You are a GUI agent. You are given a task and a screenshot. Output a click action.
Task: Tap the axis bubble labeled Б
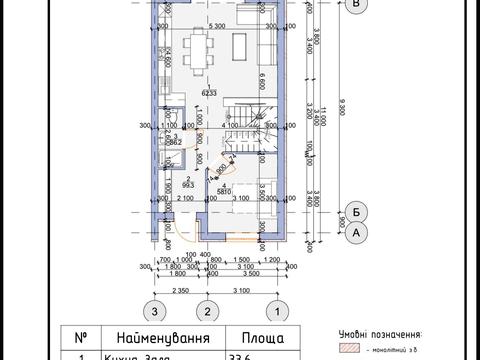pyautogui.click(x=357, y=210)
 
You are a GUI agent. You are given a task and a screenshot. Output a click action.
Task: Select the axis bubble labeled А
pyautogui.click(x=357, y=232)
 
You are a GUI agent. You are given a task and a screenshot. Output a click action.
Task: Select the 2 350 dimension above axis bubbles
pyautogui.click(x=180, y=290)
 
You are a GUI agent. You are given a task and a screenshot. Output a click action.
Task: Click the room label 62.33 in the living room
pyautogui.click(x=210, y=93)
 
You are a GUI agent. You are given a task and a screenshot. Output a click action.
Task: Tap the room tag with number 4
pyautogui.click(x=227, y=188)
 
